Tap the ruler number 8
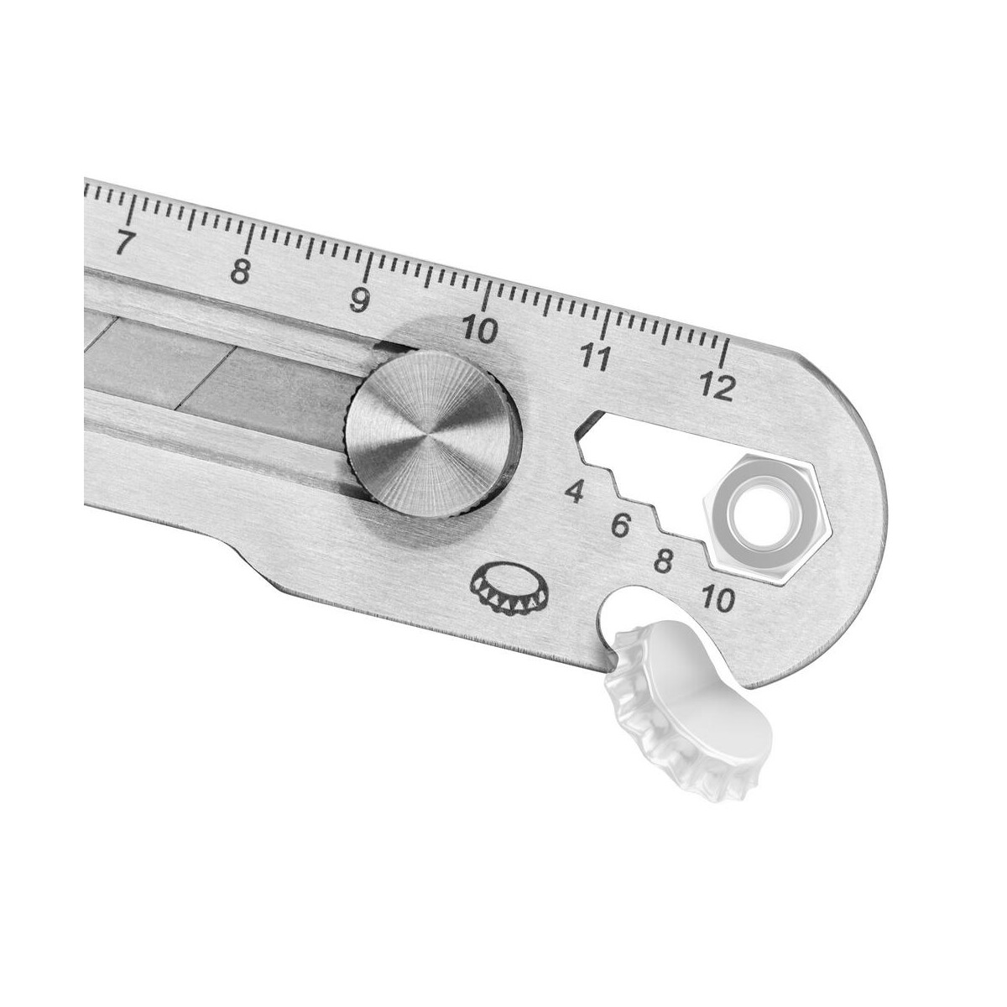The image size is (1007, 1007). [x=241, y=271]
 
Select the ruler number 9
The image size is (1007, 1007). [x=359, y=300]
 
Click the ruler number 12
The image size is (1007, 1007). [x=718, y=387]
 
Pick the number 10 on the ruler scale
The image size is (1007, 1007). [x=479, y=330]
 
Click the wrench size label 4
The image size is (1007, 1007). [x=576, y=492]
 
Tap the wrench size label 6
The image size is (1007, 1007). [x=620, y=525]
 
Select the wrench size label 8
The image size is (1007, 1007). [x=663, y=561]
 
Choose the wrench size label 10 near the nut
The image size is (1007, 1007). [x=718, y=599]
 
